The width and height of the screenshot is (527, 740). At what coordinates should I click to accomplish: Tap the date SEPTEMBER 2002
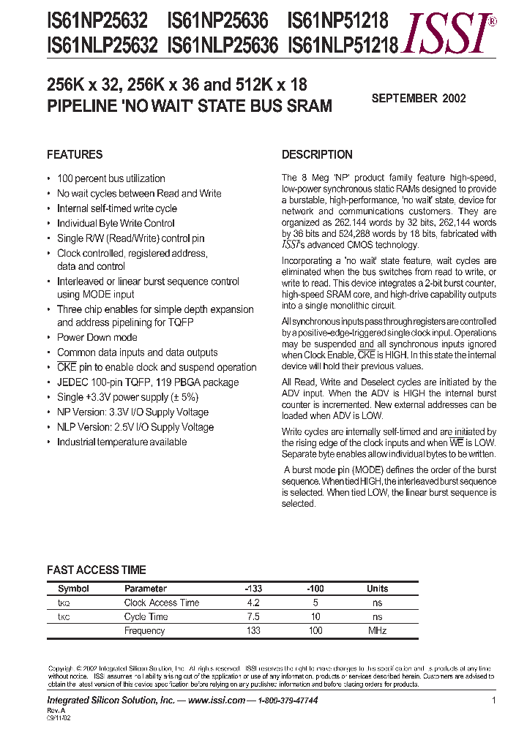[419, 98]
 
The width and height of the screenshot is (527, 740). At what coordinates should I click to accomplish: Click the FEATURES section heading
[75, 154]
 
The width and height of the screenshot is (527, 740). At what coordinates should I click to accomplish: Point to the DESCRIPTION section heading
[317, 154]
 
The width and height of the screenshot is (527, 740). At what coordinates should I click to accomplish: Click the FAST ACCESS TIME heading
[96, 570]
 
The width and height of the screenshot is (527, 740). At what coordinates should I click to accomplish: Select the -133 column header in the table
[253, 589]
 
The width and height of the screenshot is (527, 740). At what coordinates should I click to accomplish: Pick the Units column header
[378, 589]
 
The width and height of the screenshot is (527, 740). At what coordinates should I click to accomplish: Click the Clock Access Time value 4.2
[253, 603]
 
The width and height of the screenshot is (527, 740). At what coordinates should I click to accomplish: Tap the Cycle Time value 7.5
[253, 616]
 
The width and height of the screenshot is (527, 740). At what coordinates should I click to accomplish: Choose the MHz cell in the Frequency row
[378, 630]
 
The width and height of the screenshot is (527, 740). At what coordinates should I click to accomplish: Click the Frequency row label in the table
[144, 630]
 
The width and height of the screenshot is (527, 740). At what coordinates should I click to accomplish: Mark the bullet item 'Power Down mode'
[97, 337]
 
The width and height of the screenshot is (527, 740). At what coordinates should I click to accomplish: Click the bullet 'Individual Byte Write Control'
[116, 223]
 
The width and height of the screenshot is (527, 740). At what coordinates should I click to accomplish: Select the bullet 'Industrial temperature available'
[122, 442]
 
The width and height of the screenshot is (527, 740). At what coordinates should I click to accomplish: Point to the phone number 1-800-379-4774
[286, 701]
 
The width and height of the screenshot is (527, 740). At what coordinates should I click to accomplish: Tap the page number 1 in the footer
[494, 701]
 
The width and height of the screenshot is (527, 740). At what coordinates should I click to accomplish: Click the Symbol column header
[73, 589]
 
